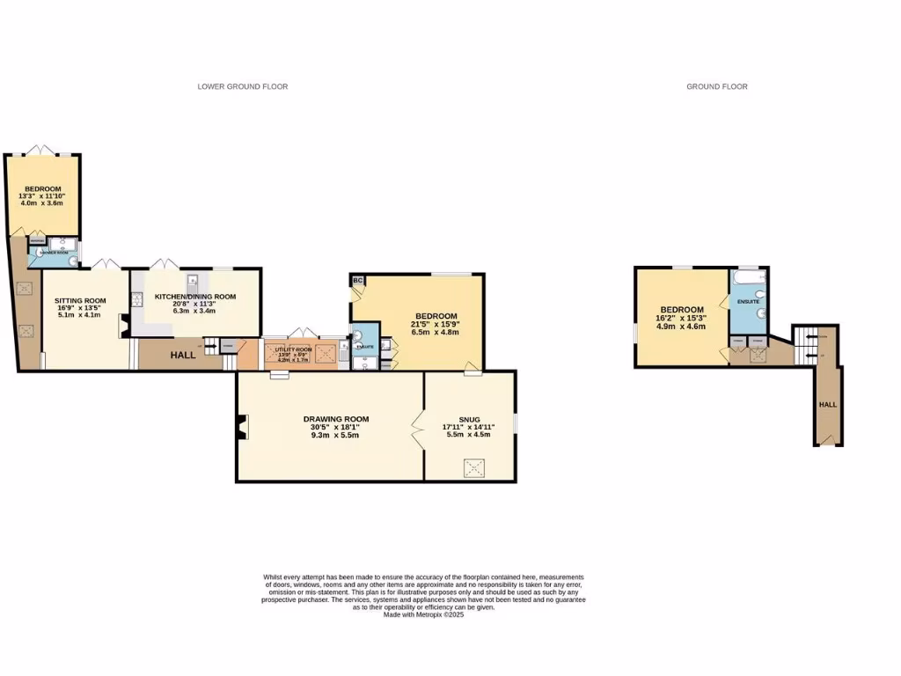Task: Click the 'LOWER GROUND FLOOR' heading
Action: [243, 86]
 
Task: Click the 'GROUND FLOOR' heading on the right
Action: [716, 86]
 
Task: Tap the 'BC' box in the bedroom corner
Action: [357, 281]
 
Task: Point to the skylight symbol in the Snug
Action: [472, 468]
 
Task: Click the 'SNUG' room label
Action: [468, 419]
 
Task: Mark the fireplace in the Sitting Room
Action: [124, 326]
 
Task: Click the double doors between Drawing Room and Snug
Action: [418, 430]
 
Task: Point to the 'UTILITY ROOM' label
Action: [295, 349]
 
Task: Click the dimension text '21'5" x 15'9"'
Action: [436, 326]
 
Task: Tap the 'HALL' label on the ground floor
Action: [828, 404]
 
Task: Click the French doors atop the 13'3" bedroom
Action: [40, 151]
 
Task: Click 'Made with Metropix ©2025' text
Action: [423, 614]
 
